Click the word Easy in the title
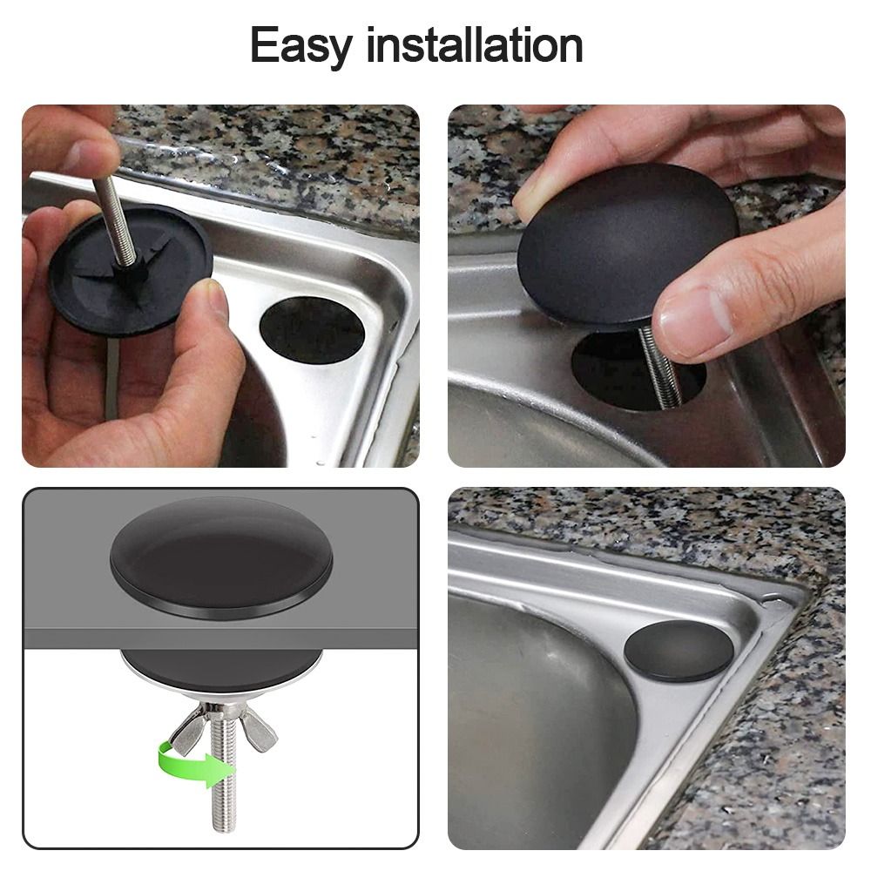[301, 45]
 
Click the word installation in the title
[475, 45]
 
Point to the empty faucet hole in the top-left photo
[311, 330]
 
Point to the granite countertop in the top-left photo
[287, 157]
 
